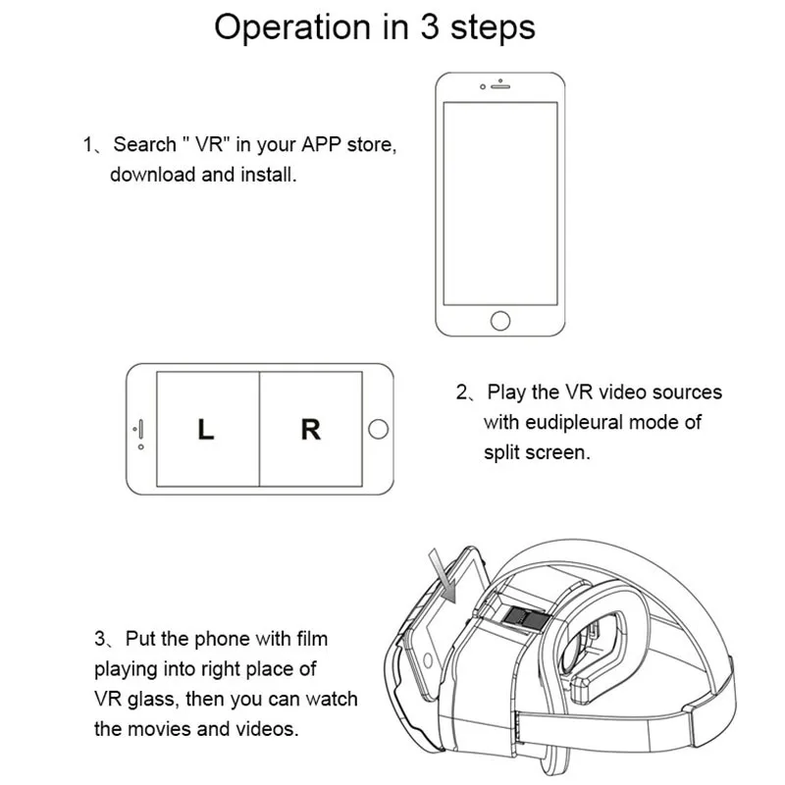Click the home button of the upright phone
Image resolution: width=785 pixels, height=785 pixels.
pyautogui.click(x=500, y=320)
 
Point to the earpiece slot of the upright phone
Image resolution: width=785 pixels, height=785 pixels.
pyautogui.click(x=501, y=86)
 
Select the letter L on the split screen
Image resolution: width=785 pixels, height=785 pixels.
pyautogui.click(x=205, y=430)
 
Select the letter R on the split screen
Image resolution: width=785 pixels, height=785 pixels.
pyautogui.click(x=310, y=430)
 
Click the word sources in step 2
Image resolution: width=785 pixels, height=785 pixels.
pyautogui.click(x=686, y=392)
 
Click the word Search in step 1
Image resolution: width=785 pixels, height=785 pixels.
pyautogui.click(x=144, y=145)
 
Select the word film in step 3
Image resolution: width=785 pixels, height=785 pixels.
pyautogui.click(x=309, y=639)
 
